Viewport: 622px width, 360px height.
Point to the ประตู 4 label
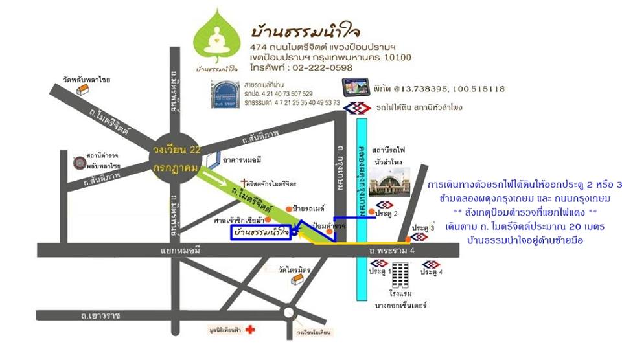click(x=432, y=273)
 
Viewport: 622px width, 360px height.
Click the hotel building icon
click(x=400, y=275)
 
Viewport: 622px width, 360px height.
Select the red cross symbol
click(x=251, y=330)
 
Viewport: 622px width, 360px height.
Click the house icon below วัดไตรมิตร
click(x=297, y=279)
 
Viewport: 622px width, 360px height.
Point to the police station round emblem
click(x=78, y=161)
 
